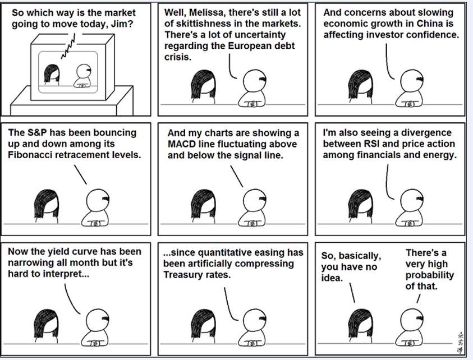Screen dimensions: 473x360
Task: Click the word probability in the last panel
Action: [x=430, y=275]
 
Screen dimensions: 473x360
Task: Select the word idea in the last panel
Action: [x=332, y=278]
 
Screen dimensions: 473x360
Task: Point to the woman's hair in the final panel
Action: [x=361, y=323]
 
